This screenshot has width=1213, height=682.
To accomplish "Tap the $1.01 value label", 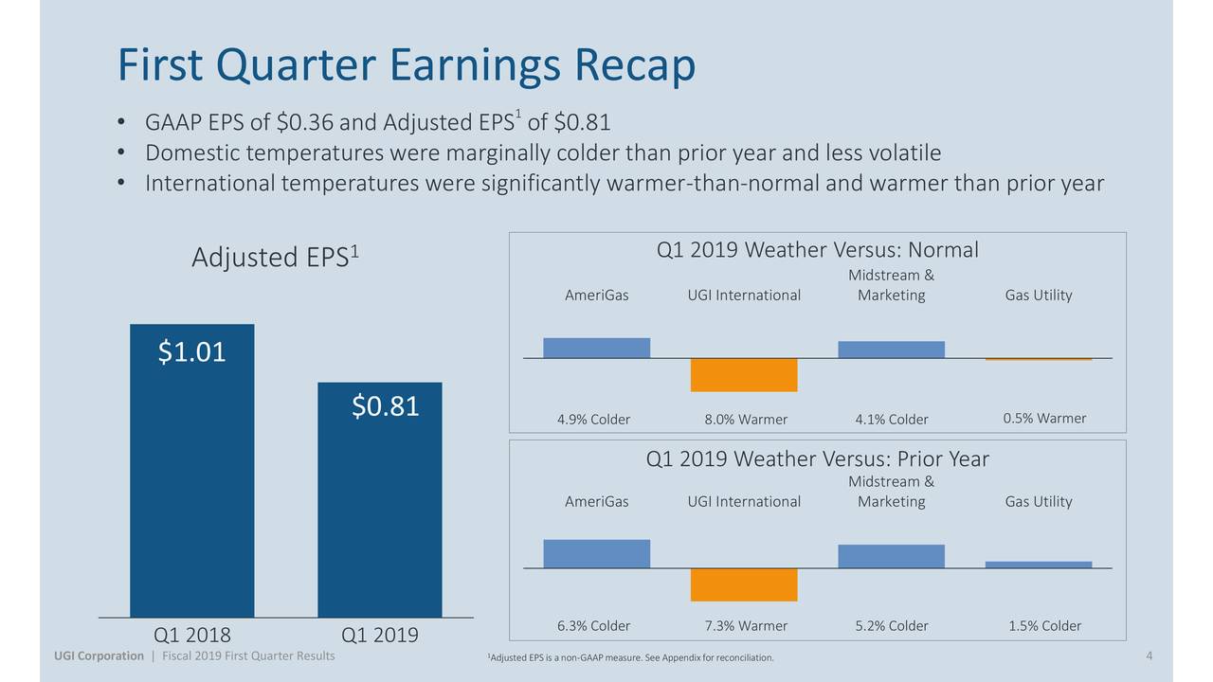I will (191, 352).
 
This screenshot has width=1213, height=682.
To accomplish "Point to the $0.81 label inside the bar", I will (385, 406).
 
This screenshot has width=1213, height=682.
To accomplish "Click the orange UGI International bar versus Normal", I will (744, 375).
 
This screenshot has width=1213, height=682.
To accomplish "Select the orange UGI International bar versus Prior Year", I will (744, 584).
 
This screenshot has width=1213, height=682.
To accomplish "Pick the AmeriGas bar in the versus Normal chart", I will (596, 348).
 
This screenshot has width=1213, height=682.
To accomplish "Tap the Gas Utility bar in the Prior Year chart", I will (1039, 565).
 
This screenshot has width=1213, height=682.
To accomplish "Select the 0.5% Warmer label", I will (1044, 419).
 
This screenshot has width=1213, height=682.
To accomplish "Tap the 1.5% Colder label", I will (1044, 626).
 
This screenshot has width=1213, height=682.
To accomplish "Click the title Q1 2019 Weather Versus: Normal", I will (817, 250).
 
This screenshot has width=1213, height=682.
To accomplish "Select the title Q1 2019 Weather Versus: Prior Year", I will (817, 459).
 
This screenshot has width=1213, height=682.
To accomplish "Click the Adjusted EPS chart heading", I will (275, 257).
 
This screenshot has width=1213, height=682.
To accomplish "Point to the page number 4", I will (1149, 656).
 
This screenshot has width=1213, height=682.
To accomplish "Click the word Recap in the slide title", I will (633, 64).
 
